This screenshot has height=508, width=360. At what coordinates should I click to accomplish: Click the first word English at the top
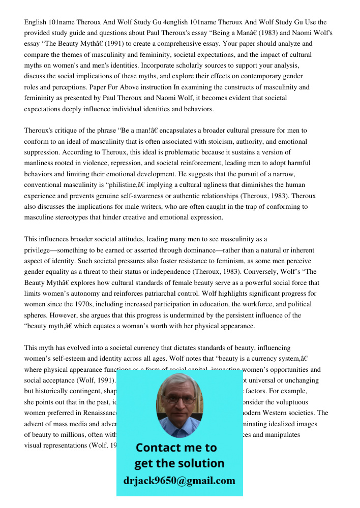[x=36, y=22]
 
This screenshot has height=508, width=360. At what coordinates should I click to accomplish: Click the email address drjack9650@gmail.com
[x=179, y=481]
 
